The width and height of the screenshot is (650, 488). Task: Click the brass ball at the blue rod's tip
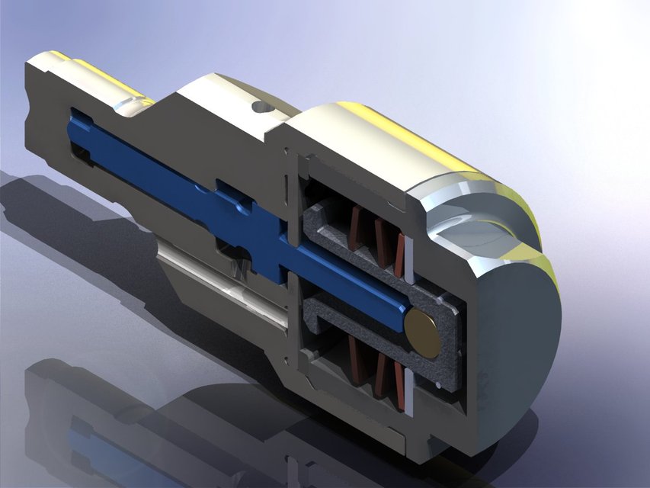coord(423,333)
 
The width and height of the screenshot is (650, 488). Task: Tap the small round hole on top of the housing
coord(261,106)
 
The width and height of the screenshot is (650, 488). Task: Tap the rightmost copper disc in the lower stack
coord(397,380)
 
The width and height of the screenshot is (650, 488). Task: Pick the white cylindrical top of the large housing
coord(381,145)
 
